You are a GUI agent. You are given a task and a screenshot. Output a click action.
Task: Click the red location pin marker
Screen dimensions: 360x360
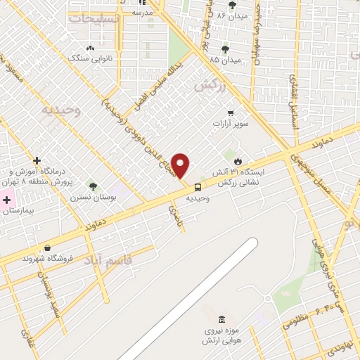coord(181,166)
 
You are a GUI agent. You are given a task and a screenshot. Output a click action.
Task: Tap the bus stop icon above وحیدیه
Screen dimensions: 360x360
coord(198,187)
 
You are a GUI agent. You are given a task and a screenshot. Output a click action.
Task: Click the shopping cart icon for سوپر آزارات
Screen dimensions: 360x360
coord(230,112)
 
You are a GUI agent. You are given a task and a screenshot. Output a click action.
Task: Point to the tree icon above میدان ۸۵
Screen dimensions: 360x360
coord(224,49)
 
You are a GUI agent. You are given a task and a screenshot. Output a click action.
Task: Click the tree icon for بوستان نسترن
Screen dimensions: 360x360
coord(93,186)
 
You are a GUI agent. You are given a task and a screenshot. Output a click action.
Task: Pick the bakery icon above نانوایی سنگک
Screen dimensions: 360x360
coord(90,48)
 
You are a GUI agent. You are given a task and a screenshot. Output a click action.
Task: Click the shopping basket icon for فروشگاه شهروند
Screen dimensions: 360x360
coord(47,247)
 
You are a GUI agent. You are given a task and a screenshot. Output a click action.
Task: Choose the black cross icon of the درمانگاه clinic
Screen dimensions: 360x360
coord(37,160)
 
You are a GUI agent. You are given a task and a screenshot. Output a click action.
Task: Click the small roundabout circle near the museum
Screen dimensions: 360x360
coord(267,298)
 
